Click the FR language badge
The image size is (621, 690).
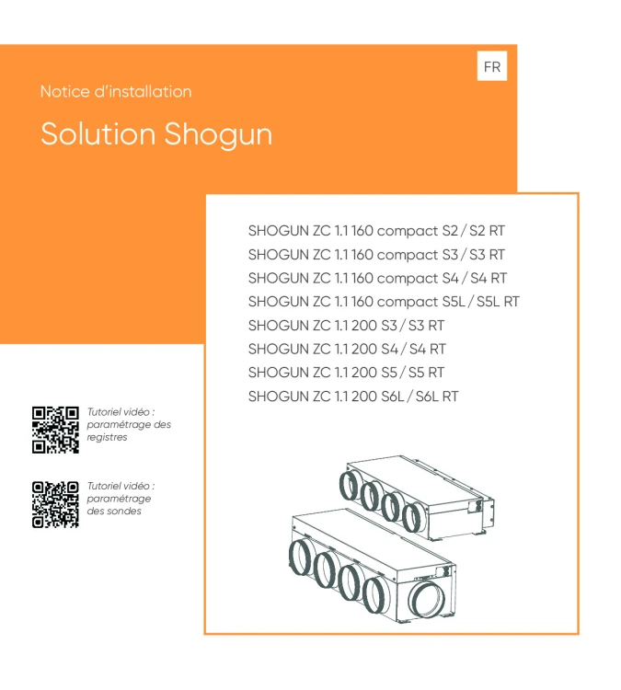(x=492, y=68)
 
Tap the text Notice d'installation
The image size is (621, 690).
(x=116, y=92)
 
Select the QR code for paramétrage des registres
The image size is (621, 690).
(x=55, y=429)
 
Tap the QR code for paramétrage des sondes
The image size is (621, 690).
(x=55, y=504)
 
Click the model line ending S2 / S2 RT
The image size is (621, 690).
(x=376, y=230)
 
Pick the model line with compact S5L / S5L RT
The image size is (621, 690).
(x=385, y=302)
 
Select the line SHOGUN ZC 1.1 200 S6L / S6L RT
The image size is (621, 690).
(x=353, y=397)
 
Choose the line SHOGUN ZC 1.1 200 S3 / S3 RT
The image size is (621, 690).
(x=347, y=326)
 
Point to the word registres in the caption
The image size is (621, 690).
(x=107, y=438)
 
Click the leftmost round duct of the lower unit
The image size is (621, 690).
(x=300, y=558)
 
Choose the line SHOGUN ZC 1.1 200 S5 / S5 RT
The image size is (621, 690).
(x=347, y=374)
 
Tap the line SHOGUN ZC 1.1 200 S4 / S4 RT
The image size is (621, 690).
(x=347, y=350)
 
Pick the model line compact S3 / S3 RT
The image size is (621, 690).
(x=377, y=254)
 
